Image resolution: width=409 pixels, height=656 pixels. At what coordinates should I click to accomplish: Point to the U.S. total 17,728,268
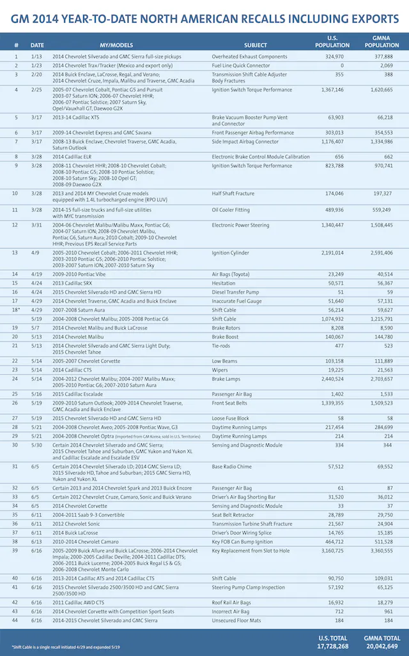coord(332,646)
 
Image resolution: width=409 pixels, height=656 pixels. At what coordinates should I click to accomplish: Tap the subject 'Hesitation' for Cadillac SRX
coord(225,283)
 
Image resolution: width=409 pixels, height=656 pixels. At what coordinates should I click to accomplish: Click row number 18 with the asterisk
coord(17,309)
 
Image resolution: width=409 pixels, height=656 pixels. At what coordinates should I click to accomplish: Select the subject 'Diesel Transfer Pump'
coord(238,292)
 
